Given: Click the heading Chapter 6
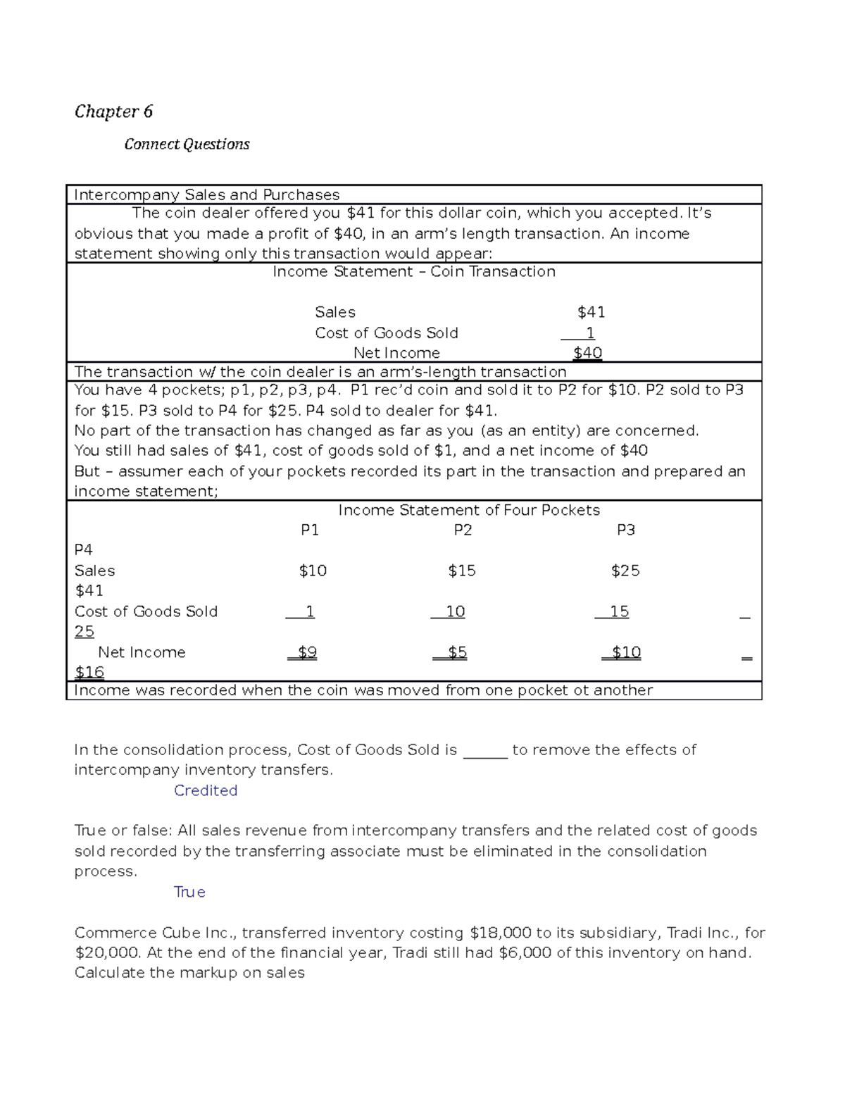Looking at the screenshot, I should click(113, 111).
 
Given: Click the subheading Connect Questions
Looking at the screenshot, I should click(187, 144).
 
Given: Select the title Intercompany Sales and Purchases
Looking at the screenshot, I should click(206, 194).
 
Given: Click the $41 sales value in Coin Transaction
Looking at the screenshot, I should click(591, 312).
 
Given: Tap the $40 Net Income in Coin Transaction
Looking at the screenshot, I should click(587, 353).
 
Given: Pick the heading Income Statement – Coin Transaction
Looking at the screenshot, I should click(414, 272).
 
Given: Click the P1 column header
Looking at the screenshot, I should click(310, 530).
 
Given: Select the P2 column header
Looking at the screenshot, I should click(463, 530).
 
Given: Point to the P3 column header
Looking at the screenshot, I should click(625, 530).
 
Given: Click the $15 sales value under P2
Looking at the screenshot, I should click(462, 571).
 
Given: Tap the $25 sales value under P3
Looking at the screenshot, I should click(625, 571).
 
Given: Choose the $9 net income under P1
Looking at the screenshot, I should click(307, 652).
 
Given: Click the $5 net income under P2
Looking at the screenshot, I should click(457, 652).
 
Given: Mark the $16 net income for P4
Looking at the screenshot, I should click(89, 672).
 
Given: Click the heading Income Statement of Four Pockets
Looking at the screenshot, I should click(469, 510).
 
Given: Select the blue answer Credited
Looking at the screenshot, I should click(206, 790).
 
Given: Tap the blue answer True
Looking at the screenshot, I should click(189, 892).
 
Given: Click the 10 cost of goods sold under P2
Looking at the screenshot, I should click(455, 611).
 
